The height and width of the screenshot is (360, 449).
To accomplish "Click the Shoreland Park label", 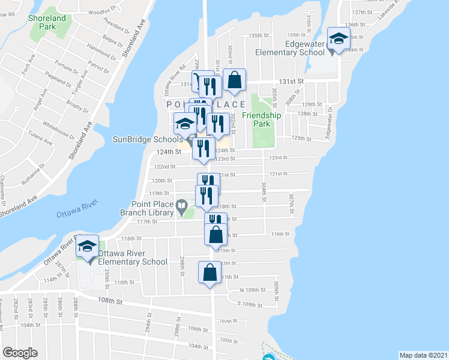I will click(x=47, y=22).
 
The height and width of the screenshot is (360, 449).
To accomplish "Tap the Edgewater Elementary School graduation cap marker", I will click(x=339, y=40).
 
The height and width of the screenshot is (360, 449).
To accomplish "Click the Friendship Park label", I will click(x=262, y=120).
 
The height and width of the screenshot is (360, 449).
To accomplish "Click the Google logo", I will click(x=20, y=353).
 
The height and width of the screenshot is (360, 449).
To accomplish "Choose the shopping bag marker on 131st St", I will click(x=234, y=80).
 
